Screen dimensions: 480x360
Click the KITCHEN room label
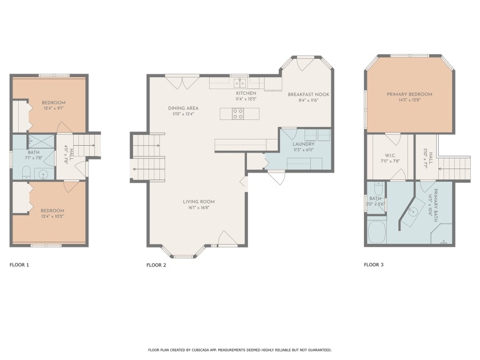tap(246, 93)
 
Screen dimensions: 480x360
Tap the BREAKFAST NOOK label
tap(309, 94)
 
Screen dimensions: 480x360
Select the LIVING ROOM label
tap(199, 202)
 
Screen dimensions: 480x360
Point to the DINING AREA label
tap(183, 108)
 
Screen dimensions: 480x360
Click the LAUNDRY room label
tap(303, 144)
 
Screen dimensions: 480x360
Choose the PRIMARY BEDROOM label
tap(410, 94)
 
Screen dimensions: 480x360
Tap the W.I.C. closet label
tap(390, 155)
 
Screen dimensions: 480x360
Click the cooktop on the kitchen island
tap(238, 114)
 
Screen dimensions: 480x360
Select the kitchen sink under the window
tap(239, 83)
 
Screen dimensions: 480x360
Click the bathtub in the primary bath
tap(377, 232)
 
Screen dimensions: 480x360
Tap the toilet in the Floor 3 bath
tap(378, 189)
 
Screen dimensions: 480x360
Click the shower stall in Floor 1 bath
tap(41, 141)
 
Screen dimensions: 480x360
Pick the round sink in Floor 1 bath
tap(43, 174)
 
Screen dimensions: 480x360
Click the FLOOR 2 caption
tap(156, 265)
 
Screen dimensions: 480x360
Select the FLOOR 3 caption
tap(374, 265)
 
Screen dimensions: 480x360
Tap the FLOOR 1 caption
tap(19, 265)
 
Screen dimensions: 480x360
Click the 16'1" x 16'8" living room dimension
tap(199, 207)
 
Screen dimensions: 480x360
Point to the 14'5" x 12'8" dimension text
tap(410, 100)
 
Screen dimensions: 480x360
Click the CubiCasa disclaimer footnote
tap(239, 350)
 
